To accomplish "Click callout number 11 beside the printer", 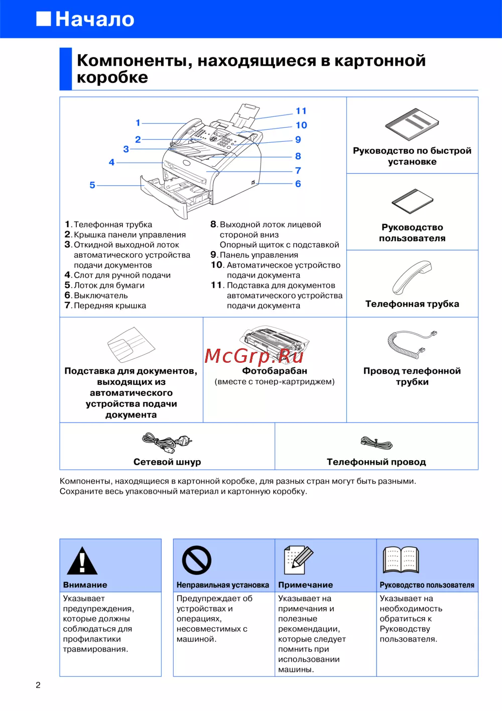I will pos(301,111).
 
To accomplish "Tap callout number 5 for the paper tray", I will pos(92,185).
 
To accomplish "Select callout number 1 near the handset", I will pos(138,123).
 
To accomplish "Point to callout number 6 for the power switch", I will pos(298,184).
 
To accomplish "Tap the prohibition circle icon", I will pos(196,560).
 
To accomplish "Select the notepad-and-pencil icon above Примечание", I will pos(299,560).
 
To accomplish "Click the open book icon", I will pos(401,560).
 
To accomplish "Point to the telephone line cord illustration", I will pos(376,443).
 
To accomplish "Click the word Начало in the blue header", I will pos(94,19).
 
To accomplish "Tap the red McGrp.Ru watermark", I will pos(254,356).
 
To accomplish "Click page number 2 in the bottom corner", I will pos(38,685).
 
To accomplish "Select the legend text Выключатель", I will pos(100,295).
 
